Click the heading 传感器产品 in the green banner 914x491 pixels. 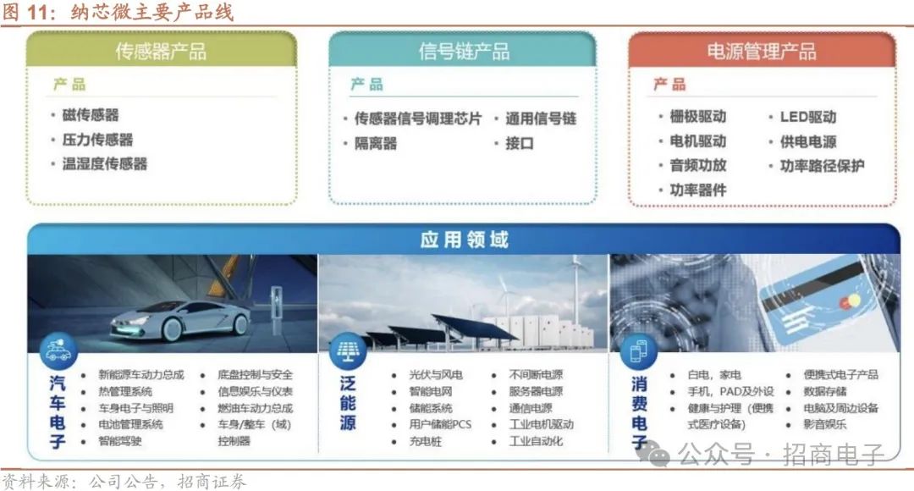click(x=161, y=52)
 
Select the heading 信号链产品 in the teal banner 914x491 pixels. click(x=464, y=52)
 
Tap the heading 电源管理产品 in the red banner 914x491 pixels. click(x=762, y=52)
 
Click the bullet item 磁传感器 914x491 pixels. click(x=91, y=115)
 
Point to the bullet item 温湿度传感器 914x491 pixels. click(x=105, y=164)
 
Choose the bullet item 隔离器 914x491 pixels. click(x=376, y=143)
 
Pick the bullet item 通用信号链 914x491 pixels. click(x=541, y=119)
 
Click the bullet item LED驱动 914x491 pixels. click(x=808, y=117)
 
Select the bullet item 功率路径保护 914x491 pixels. click(x=822, y=166)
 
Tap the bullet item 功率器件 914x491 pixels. click(x=698, y=190)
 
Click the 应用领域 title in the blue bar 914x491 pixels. click(x=464, y=240)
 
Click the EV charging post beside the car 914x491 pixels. click(x=276, y=310)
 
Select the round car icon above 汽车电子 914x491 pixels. click(x=58, y=350)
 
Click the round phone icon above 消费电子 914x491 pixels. click(x=639, y=351)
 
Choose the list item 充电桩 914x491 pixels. click(x=426, y=441)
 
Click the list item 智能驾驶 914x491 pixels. click(x=120, y=441)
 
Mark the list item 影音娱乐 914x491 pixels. click(x=825, y=424)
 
